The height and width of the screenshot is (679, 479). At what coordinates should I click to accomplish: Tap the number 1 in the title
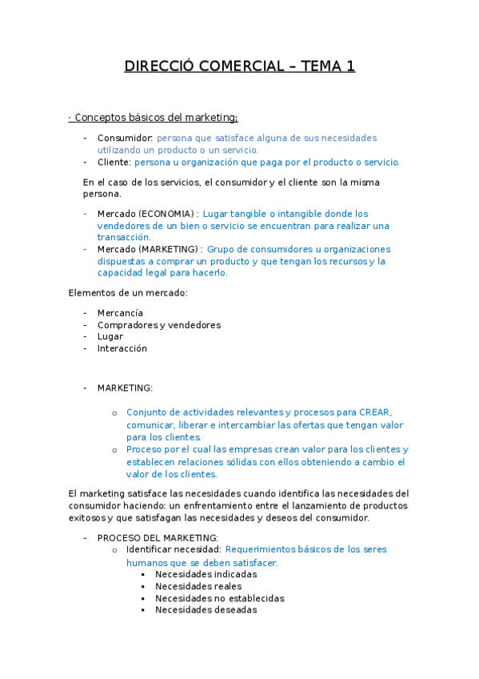pos(349,66)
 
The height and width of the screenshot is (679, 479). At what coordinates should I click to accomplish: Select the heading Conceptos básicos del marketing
pos(153,118)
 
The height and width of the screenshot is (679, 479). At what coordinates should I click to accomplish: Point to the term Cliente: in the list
pos(114,162)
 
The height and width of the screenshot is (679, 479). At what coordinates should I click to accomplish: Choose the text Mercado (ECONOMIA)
pos(147,214)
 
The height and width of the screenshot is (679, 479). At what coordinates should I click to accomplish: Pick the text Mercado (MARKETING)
pos(149,249)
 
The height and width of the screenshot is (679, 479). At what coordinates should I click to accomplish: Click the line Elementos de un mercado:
pos(128,292)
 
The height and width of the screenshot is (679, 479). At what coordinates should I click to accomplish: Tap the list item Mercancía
pos(121,313)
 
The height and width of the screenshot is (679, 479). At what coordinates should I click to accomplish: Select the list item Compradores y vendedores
pos(159,325)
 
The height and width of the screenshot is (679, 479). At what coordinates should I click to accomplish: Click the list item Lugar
pos(110,336)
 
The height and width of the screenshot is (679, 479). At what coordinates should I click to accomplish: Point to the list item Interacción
pos(122,348)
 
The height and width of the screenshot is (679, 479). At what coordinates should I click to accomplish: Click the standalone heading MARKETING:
pos(125,388)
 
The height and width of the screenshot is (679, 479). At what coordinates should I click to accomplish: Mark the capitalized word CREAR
pos(374,412)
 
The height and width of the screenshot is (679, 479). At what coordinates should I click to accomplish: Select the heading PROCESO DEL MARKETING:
pos(158,537)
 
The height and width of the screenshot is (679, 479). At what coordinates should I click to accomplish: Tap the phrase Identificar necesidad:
pos(174,549)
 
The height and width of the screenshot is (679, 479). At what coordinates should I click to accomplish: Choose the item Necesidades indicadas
pos(206,574)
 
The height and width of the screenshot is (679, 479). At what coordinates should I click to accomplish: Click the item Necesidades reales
pos(198,586)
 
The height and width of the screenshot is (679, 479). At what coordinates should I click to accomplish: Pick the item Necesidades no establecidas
pos(220,598)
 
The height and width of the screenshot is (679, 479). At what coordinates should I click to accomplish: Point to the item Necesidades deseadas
pos(206,609)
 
